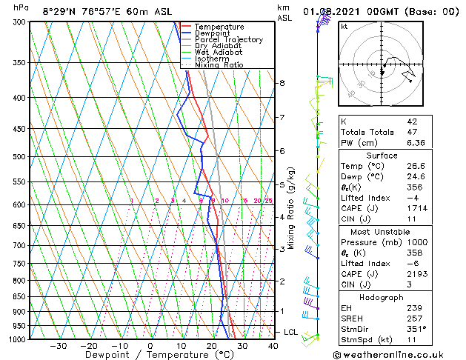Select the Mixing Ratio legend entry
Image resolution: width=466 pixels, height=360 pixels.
(219, 65)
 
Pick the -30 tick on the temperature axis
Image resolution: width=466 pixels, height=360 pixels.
(58, 345)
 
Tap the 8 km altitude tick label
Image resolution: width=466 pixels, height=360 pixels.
(282, 83)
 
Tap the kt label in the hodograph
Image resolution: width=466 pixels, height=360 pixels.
(344, 26)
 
